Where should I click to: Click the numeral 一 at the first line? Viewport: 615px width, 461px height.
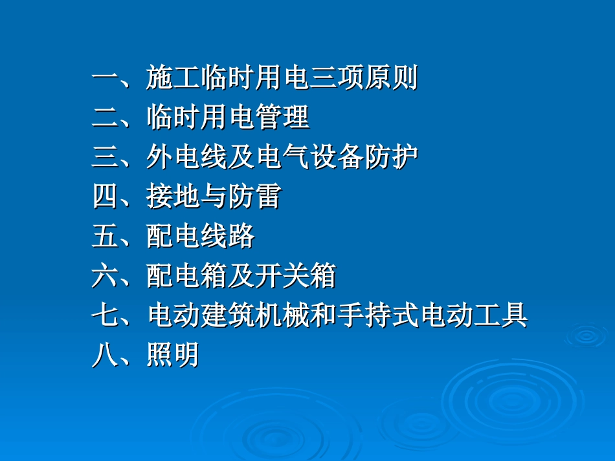point(104,79)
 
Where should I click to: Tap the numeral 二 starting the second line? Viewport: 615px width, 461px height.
point(104,118)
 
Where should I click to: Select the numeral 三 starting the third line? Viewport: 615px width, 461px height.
point(104,158)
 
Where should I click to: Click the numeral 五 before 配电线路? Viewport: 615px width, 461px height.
point(104,237)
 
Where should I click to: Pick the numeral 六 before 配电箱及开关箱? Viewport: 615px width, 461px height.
point(104,276)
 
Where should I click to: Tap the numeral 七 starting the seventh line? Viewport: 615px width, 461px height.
point(104,316)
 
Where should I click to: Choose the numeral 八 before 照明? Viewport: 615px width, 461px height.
point(104,356)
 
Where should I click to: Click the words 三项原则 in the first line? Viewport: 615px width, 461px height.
point(364,79)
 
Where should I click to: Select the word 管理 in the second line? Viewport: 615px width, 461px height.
point(282,118)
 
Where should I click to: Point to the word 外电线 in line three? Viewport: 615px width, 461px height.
point(186,158)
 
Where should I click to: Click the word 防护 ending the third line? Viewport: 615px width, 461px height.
point(391,158)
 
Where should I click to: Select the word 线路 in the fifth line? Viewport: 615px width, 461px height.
point(228,237)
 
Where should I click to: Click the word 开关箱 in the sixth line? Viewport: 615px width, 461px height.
point(296,276)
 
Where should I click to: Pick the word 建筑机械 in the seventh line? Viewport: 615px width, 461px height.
point(255,316)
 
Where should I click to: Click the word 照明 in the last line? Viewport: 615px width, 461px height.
point(173,356)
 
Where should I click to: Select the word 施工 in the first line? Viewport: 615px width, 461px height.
point(173,79)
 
